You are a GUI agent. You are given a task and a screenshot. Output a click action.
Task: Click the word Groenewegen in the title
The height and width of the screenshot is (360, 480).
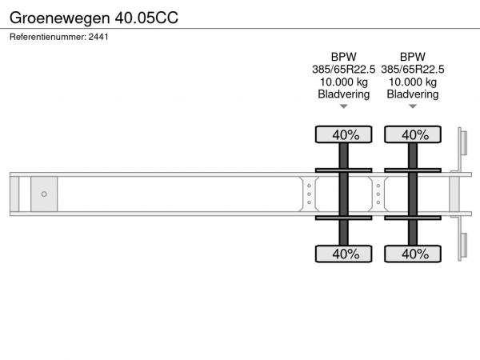coord(60,18)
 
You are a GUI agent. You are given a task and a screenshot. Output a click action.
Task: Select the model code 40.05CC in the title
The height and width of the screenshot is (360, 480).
coord(146,18)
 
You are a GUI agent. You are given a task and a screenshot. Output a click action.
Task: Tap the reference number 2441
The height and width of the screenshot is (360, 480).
coord(98,37)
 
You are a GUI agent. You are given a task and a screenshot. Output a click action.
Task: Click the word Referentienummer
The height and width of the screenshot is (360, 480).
coord(48,37)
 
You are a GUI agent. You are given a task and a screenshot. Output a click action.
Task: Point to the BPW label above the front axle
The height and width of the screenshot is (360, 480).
coord(343,57)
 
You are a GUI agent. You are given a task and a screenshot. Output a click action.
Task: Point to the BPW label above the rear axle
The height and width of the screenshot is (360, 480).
coord(412,57)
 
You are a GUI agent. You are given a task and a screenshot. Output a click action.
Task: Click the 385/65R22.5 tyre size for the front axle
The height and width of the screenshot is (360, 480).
coord(343,70)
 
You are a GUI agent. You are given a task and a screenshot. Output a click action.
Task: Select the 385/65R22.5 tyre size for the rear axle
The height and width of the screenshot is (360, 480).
coord(412,70)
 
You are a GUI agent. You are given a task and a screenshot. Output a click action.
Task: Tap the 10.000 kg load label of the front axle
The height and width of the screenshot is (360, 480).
coord(343,82)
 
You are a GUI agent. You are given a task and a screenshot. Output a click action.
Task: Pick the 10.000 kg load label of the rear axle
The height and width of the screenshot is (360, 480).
coord(412,82)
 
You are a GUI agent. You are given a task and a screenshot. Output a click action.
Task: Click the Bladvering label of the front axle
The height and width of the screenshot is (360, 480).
coord(343,94)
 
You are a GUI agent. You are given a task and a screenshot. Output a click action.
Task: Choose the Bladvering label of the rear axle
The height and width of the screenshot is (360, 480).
coord(412,94)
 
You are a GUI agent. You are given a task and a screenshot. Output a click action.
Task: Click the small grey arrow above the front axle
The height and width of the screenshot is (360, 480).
coord(344,106)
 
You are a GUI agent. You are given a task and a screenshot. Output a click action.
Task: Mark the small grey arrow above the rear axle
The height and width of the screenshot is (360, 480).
coord(413,106)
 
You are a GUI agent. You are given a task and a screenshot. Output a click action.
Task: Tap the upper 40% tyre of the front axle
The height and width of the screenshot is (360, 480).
coord(344,134)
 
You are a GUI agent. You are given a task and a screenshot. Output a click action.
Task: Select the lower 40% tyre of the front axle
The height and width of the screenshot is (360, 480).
coord(344,254)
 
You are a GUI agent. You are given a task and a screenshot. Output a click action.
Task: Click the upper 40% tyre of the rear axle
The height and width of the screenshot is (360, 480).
coord(413,134)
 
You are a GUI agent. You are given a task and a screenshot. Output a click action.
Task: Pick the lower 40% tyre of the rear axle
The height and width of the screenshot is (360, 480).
coord(413,254)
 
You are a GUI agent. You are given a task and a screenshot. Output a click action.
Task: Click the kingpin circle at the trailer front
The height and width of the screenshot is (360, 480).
coord(44,194)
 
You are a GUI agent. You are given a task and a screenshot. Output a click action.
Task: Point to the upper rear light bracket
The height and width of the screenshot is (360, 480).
coord(462,143)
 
